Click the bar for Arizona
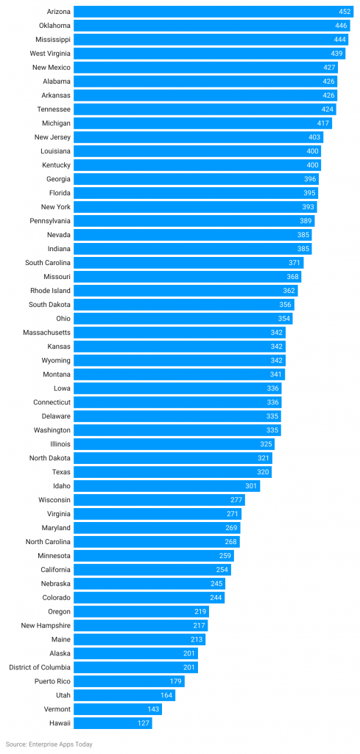(x=213, y=12)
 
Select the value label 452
(x=345, y=12)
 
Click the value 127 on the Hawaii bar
(x=143, y=723)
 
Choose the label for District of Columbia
(x=40, y=667)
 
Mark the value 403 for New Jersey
(x=314, y=137)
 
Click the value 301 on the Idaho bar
(x=251, y=486)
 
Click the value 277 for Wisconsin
(x=236, y=500)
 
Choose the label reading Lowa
(x=62, y=388)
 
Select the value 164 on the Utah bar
(x=167, y=695)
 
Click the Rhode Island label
(x=51, y=291)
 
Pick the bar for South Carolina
(x=188, y=263)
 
